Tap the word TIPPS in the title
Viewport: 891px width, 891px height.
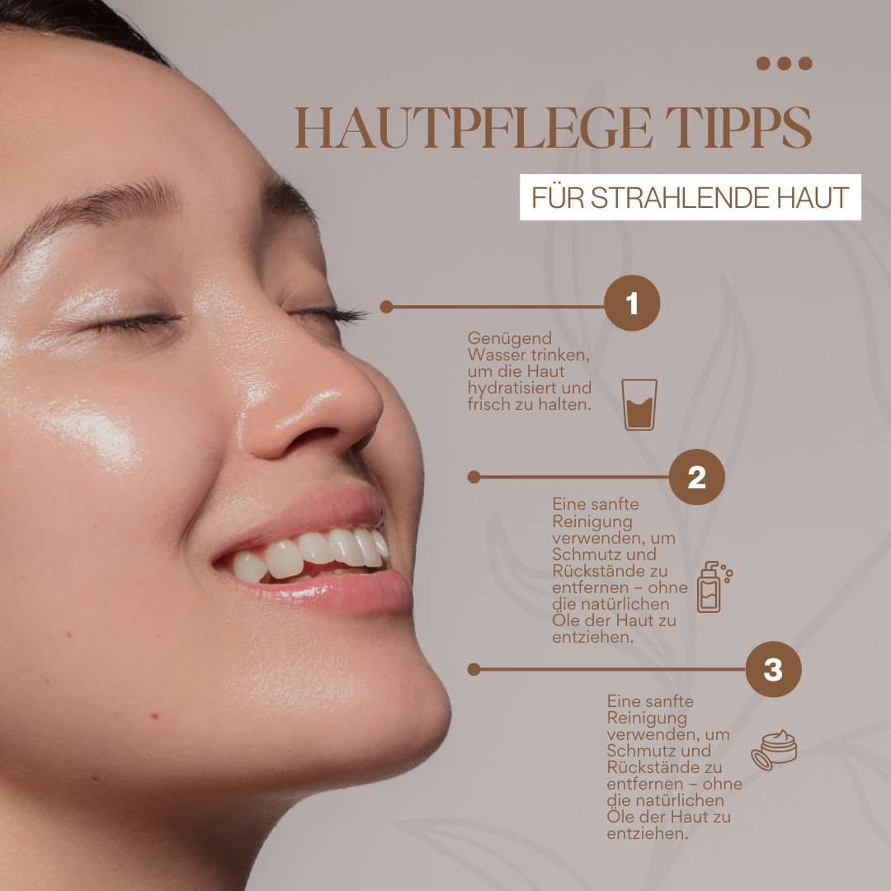pyautogui.click(x=738, y=127)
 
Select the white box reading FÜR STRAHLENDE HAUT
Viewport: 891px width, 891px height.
pyautogui.click(x=691, y=197)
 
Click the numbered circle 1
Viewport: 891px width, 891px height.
pyautogui.click(x=632, y=303)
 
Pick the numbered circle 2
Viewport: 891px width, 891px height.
pyautogui.click(x=696, y=477)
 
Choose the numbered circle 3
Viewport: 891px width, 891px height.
pyautogui.click(x=773, y=669)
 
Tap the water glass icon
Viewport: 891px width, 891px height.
pyautogui.click(x=639, y=404)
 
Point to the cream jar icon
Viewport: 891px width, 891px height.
pyautogui.click(x=774, y=750)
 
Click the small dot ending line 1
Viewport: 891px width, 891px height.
pyautogui.click(x=386, y=307)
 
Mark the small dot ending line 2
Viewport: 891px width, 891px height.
pyautogui.click(x=474, y=477)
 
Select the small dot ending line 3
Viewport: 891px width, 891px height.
pyautogui.click(x=474, y=669)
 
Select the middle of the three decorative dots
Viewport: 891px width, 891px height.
pyautogui.click(x=785, y=63)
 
